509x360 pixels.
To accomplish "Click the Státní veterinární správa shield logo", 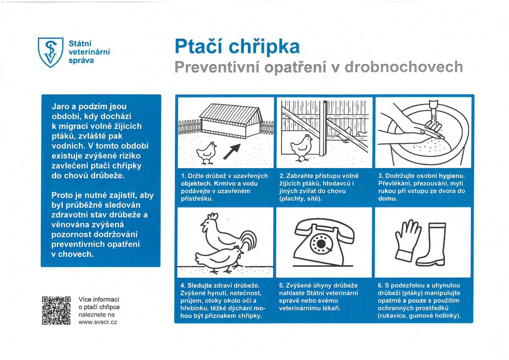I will [x=50, y=52].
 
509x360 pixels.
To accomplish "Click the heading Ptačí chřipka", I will [x=237, y=47].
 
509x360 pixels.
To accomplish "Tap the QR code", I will [x=56, y=310].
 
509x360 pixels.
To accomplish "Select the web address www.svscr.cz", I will [x=98, y=322].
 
